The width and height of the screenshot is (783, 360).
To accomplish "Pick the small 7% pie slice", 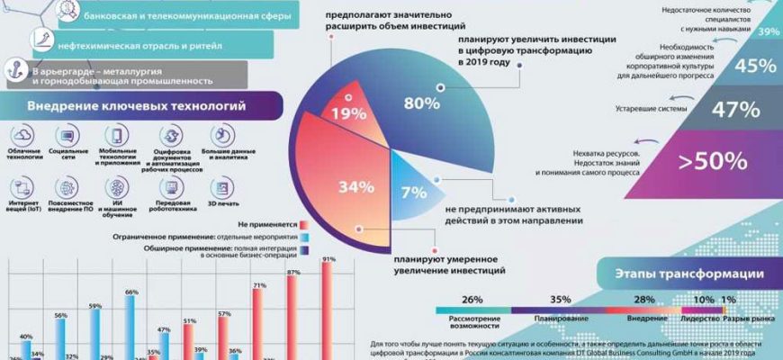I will (413, 192).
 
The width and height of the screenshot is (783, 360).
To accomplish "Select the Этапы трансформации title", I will (691, 274).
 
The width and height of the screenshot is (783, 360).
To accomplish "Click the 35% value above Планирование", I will (561, 299).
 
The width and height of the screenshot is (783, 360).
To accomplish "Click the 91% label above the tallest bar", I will (328, 259).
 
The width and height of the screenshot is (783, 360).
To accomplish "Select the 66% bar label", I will (131, 292).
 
